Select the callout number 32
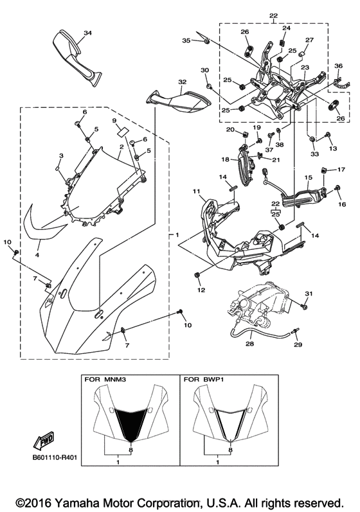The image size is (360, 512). click(x=182, y=82)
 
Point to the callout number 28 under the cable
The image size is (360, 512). click(x=249, y=344)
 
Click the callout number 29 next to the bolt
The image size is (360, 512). click(x=298, y=345)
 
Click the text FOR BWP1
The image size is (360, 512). click(x=204, y=380)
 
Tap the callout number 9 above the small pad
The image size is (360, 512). click(x=114, y=120)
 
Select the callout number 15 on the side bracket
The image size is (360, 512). click(x=308, y=177)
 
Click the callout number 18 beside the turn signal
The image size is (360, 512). click(x=226, y=159)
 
